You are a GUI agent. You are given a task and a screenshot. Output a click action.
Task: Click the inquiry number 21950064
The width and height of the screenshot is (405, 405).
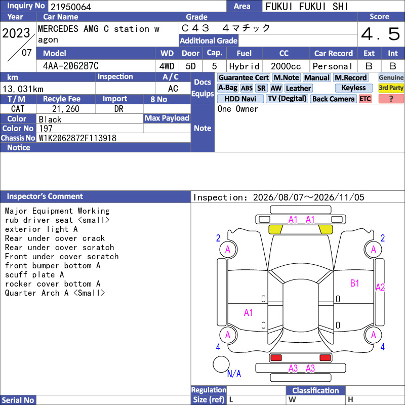(71, 7)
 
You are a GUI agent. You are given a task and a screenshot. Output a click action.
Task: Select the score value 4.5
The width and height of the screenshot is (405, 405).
(381, 34)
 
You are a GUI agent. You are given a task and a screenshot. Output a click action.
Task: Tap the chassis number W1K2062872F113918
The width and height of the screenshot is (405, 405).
(77, 138)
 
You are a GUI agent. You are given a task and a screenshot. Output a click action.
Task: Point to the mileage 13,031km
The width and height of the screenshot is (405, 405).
(23, 89)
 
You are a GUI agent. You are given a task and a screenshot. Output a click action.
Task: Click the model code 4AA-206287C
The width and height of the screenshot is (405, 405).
(71, 66)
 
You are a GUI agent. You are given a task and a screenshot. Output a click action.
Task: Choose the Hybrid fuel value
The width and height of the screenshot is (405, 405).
(244, 66)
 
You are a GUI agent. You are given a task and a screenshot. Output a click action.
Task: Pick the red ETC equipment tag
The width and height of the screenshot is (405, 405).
(365, 99)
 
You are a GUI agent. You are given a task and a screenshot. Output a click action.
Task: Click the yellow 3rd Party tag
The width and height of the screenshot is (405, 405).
(391, 88)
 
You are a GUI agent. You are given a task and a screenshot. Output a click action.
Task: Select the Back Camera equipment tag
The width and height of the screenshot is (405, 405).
(333, 99)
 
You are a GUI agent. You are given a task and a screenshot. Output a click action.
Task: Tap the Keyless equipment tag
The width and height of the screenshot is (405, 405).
(353, 88)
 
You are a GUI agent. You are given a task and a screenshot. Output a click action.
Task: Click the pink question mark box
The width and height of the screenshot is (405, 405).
(391, 99)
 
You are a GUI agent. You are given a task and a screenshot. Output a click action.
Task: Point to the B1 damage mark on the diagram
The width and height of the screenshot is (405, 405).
(355, 283)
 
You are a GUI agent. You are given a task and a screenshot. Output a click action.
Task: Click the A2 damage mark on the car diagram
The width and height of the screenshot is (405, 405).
(380, 287)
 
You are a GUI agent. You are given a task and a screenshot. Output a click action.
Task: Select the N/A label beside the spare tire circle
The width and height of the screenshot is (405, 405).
(234, 374)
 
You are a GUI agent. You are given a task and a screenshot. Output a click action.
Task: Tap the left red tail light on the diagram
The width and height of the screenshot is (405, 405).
(276, 358)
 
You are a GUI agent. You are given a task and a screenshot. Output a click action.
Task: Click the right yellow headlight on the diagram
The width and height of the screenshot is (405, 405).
(326, 229)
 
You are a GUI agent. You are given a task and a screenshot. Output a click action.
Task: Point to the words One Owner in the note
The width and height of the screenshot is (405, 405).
(237, 109)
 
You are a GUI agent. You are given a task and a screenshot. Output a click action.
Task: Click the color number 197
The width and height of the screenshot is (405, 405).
(46, 129)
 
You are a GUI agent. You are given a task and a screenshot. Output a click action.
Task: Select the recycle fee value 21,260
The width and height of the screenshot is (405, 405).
(66, 109)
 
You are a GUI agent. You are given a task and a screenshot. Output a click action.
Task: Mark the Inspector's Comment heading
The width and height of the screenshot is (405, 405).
(45, 196)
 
